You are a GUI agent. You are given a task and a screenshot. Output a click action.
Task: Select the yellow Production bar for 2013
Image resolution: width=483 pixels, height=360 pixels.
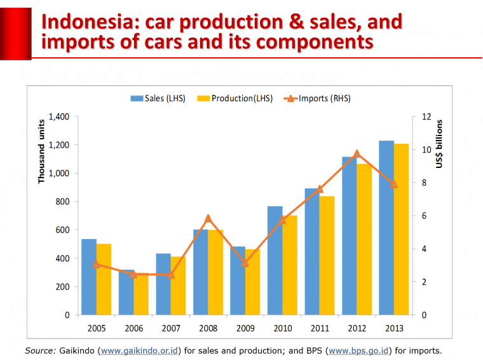tap(401, 230)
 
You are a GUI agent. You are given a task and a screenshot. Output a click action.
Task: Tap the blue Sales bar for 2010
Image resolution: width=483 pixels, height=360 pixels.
tap(275, 261)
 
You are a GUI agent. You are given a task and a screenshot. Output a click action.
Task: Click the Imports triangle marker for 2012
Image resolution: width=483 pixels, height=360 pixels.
tap(357, 153)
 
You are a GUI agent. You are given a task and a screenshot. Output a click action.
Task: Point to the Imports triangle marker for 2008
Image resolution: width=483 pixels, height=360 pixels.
tap(208, 219)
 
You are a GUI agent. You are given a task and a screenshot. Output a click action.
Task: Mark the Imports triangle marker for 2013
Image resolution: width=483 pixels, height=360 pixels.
tap(394, 184)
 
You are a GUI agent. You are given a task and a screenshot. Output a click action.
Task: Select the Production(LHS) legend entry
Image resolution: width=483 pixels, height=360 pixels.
tap(235, 99)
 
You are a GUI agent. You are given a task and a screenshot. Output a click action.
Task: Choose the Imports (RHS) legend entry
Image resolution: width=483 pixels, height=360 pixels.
tap(318, 99)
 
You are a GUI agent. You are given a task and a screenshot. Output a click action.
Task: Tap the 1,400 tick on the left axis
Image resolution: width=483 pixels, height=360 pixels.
tap(57, 117)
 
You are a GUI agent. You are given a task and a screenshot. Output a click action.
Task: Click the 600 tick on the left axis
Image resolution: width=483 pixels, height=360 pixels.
tap(62, 230)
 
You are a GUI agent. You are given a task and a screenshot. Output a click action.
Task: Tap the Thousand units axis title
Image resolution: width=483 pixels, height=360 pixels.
tap(41, 151)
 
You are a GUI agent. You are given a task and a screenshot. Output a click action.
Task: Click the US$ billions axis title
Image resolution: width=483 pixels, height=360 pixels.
tap(439, 144)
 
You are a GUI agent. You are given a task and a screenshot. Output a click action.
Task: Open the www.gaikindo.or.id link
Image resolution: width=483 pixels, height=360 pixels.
tap(139, 350)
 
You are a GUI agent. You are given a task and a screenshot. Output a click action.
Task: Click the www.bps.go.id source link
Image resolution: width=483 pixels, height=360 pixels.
tap(358, 350)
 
